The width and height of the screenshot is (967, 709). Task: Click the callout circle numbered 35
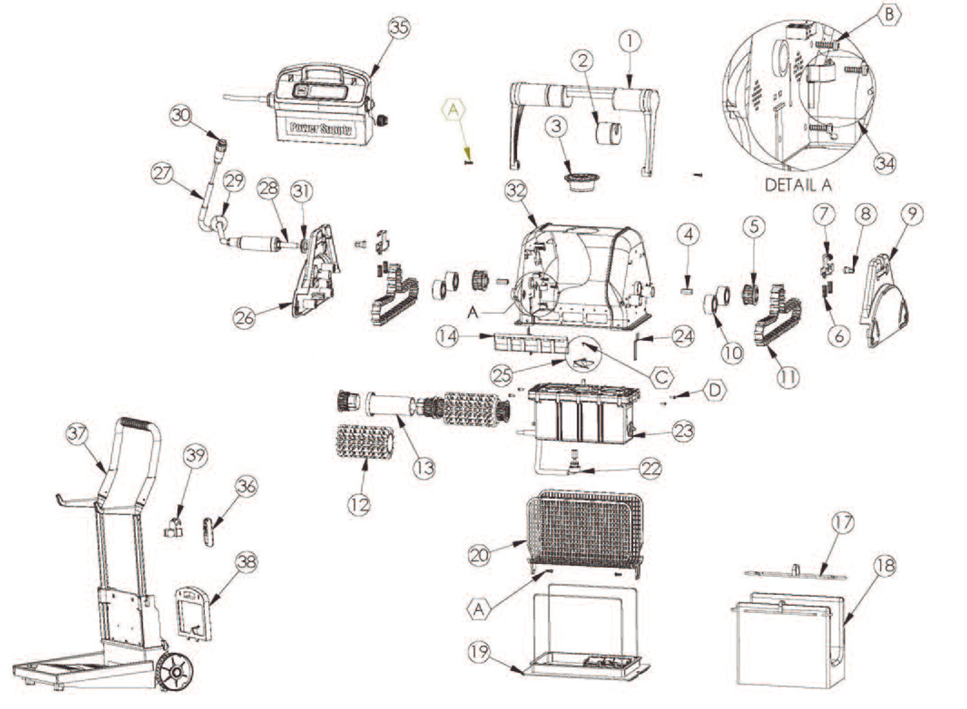399,27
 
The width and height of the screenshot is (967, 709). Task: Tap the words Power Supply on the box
321,128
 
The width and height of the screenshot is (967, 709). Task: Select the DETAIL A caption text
798,185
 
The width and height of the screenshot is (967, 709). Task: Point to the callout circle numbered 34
885,163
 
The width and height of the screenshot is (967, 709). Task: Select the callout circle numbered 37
77,433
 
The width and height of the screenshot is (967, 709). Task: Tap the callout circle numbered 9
912,213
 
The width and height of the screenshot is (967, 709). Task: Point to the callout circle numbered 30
181,115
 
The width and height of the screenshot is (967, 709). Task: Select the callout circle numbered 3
557,126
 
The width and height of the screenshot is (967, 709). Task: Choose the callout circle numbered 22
650,469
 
